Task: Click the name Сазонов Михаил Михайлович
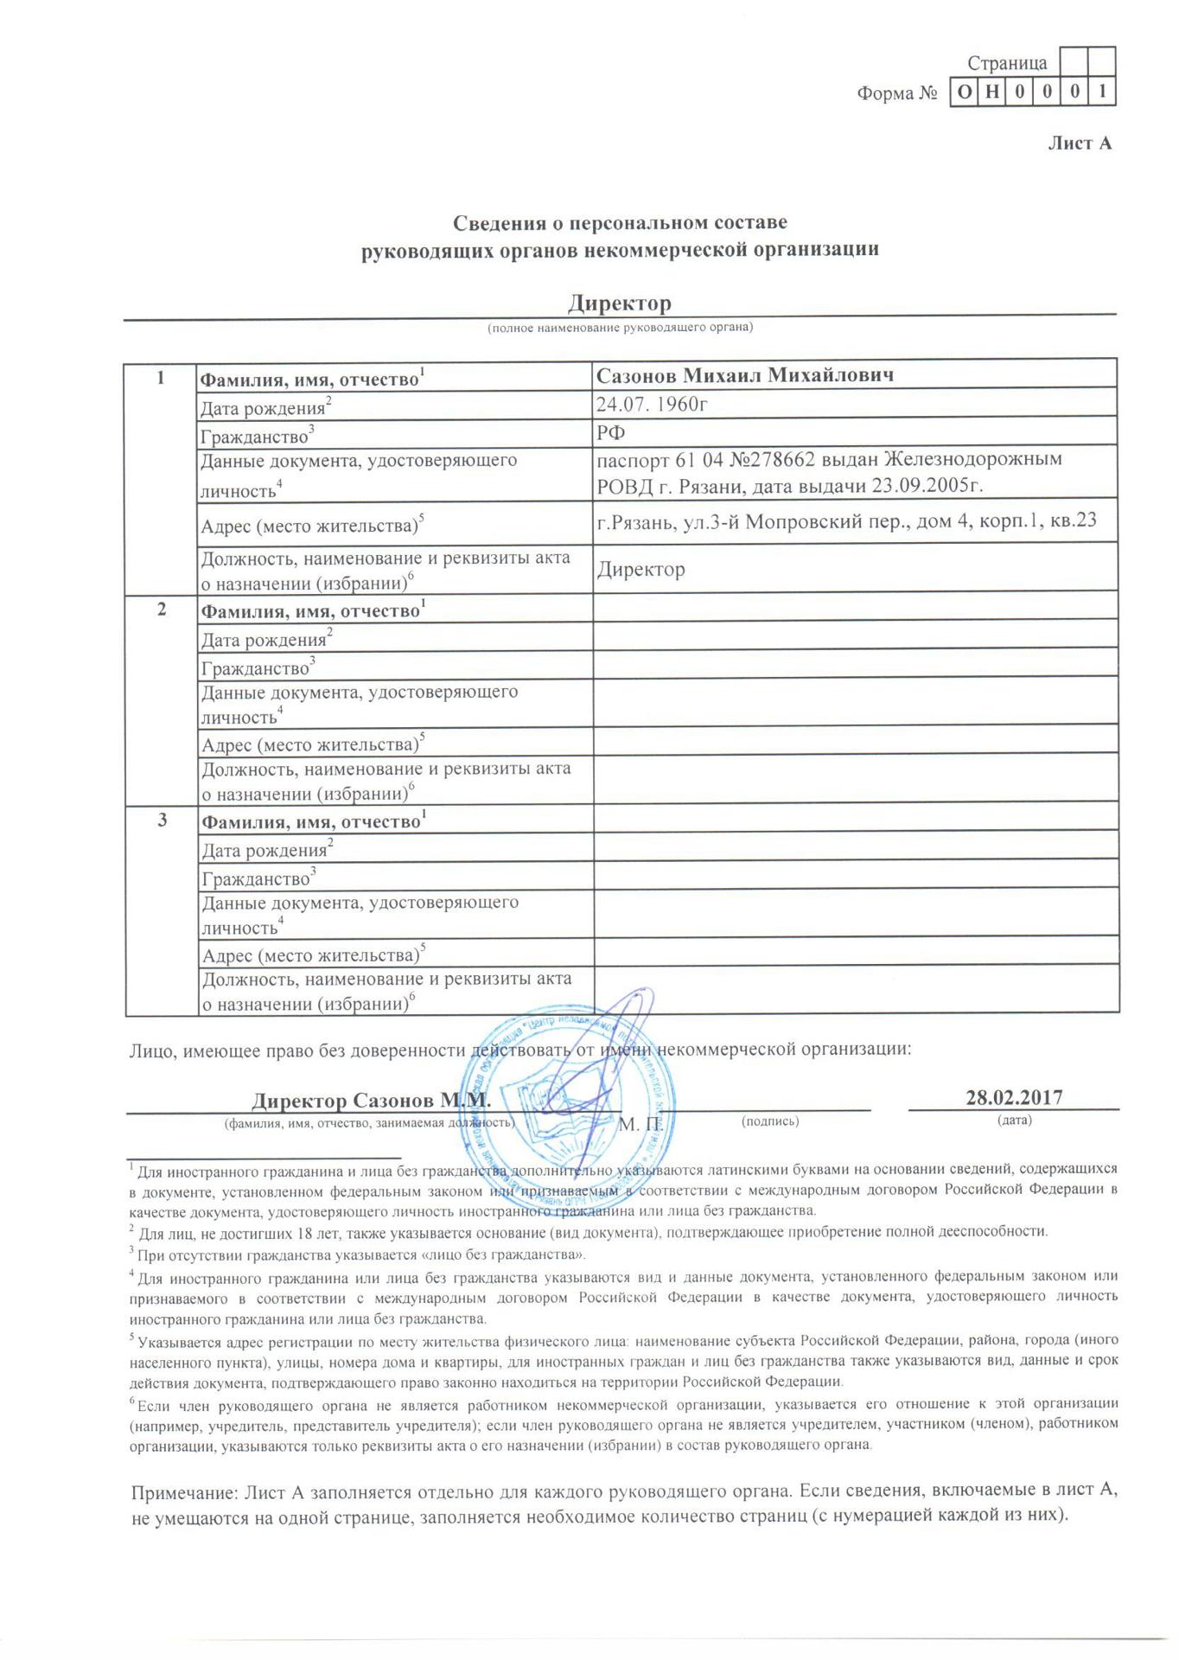point(744,375)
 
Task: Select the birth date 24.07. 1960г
point(653,404)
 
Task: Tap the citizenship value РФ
point(611,431)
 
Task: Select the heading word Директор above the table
point(619,303)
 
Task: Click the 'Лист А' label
point(1079,144)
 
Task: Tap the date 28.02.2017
point(1014,1097)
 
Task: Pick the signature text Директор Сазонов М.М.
point(372,1101)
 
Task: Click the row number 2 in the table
point(162,609)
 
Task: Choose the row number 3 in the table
point(162,820)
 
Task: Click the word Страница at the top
point(1007,63)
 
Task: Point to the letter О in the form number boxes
point(963,92)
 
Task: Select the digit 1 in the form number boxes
point(1102,92)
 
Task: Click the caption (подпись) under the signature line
point(770,1121)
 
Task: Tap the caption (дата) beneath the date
point(1014,1120)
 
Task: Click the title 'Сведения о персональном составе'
point(620,223)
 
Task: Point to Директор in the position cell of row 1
point(641,570)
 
